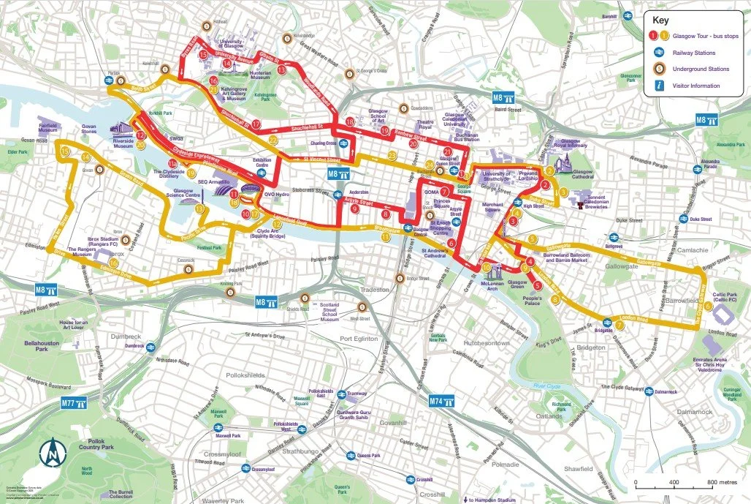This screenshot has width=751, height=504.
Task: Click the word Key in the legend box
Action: (x=660, y=20)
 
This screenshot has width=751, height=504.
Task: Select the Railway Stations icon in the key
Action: (x=658, y=53)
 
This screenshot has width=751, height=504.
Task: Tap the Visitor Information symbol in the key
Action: (x=658, y=86)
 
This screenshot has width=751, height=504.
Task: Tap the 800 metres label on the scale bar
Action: (x=721, y=483)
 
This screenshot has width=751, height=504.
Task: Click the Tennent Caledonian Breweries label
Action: (x=609, y=200)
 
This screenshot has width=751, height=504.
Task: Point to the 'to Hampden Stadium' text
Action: (x=492, y=500)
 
